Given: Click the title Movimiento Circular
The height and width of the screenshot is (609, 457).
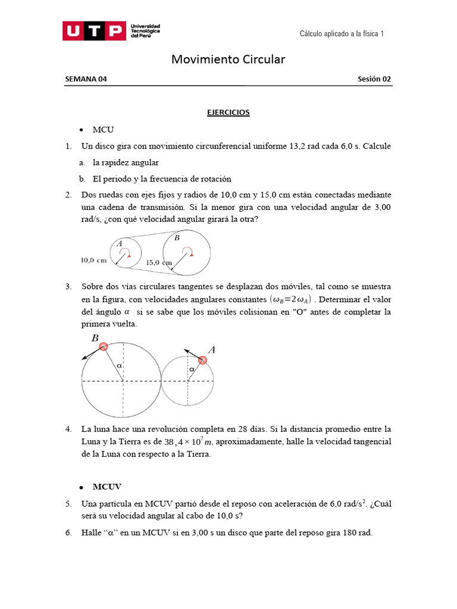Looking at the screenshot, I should pyautogui.click(x=228, y=59).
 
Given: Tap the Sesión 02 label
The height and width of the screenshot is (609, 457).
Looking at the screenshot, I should pyautogui.click(x=374, y=79).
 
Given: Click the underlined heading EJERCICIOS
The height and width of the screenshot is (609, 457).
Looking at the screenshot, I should pyautogui.click(x=228, y=112).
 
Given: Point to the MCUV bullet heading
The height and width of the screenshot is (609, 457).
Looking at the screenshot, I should pyautogui.click(x=107, y=486).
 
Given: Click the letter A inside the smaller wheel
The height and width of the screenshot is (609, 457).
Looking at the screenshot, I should pyautogui.click(x=120, y=244).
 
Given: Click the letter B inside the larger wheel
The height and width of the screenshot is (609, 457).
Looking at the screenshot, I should pyautogui.click(x=177, y=237).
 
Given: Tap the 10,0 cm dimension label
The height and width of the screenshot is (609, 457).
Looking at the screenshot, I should pyautogui.click(x=93, y=260).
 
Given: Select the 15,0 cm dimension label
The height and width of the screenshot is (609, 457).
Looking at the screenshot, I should pyautogui.click(x=159, y=262).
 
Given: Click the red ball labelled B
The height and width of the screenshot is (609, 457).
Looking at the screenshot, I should pyautogui.click(x=104, y=347).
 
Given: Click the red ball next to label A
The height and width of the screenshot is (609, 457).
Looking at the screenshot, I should pyautogui.click(x=203, y=360).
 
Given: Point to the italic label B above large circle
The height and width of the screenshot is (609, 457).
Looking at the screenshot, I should pyautogui.click(x=94, y=338).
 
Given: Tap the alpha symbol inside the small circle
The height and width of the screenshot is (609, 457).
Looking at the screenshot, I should pyautogui.click(x=191, y=369).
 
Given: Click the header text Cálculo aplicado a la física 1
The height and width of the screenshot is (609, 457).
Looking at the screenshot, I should pyautogui.click(x=342, y=34).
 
